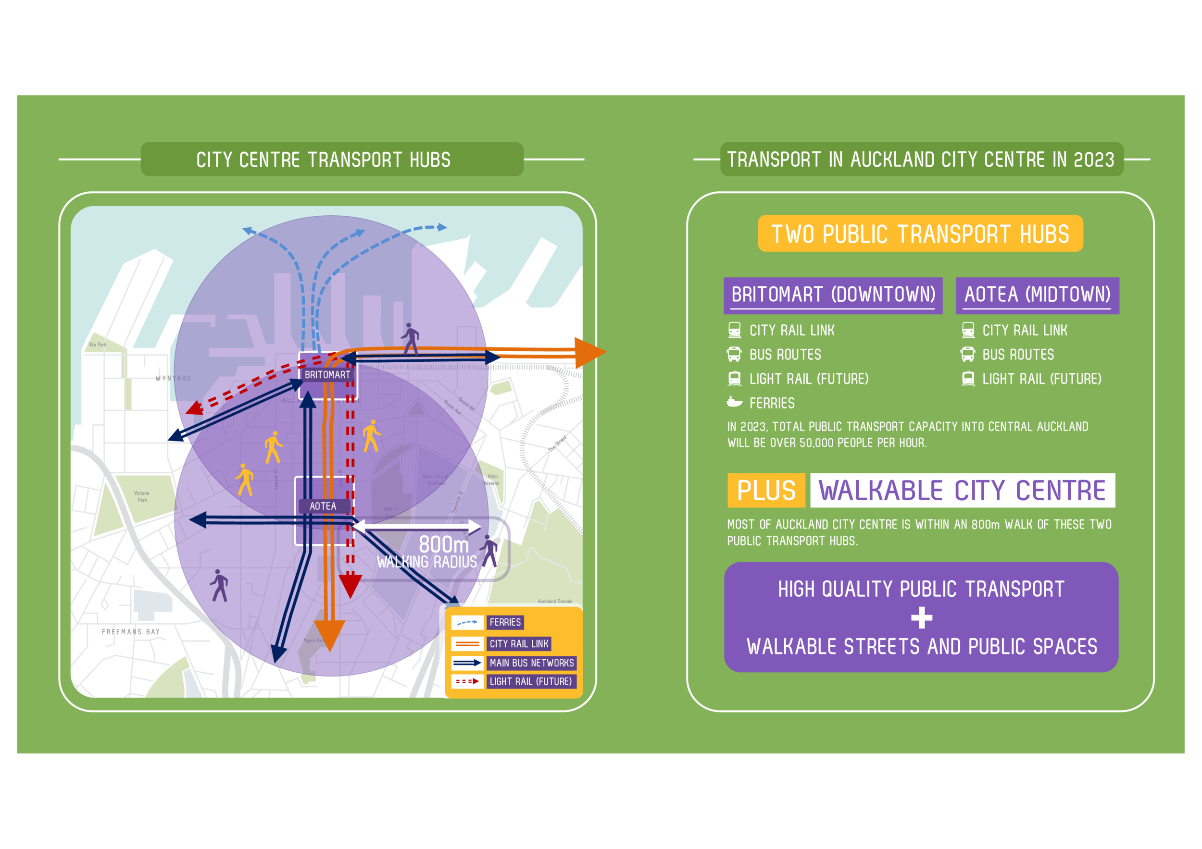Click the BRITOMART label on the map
click(327, 375)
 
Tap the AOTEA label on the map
click(323, 506)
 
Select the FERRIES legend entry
click(505, 622)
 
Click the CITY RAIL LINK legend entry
click(518, 643)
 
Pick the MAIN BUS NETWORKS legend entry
click(531, 663)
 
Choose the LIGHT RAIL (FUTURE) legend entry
click(530, 681)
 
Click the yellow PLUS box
click(766, 490)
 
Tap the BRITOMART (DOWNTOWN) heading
click(833, 295)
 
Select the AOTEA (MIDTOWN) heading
click(1037, 295)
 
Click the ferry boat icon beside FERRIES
click(735, 402)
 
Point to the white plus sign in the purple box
click(921, 618)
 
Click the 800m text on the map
click(443, 544)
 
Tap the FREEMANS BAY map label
click(131, 632)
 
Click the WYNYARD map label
click(173, 378)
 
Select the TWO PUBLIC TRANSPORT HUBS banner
click(920, 234)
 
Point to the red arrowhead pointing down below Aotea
click(350, 585)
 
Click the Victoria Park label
click(142, 496)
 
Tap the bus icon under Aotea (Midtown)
click(967, 354)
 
